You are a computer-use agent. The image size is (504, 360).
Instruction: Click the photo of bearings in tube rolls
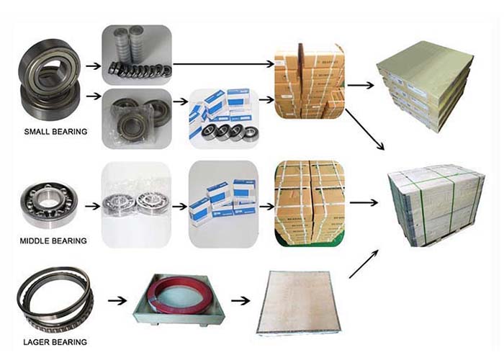tap(136, 54)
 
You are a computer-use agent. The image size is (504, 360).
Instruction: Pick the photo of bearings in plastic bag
tap(136, 118)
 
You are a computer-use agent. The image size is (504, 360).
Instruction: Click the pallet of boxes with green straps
tap(434, 204)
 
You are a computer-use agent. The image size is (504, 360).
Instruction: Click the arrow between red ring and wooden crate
tap(240, 300)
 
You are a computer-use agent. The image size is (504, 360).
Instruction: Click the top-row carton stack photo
tap(309, 81)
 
